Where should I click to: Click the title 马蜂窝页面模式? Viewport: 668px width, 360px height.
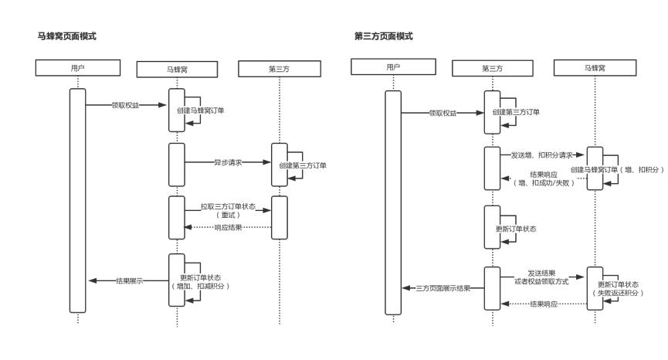67,36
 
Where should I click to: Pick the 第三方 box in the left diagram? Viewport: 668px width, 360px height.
279,69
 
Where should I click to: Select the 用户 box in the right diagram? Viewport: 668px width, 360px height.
393,67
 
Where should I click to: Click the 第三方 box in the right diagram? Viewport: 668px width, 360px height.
493,68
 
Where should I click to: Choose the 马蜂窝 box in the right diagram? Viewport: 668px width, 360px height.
595,68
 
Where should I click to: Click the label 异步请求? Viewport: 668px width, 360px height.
229,164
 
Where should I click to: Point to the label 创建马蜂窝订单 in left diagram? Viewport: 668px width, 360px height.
201,110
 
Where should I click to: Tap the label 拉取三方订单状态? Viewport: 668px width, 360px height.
228,207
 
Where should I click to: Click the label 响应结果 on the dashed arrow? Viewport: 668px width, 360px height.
229,227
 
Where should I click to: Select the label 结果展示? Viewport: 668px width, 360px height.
129,280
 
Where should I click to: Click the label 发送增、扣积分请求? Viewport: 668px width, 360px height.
542,155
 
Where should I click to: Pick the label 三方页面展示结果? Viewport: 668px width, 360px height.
443,288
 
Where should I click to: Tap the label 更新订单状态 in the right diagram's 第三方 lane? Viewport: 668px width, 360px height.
516,229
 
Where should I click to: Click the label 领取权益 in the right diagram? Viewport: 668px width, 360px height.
443,113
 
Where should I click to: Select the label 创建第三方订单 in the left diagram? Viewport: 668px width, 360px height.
301,166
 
